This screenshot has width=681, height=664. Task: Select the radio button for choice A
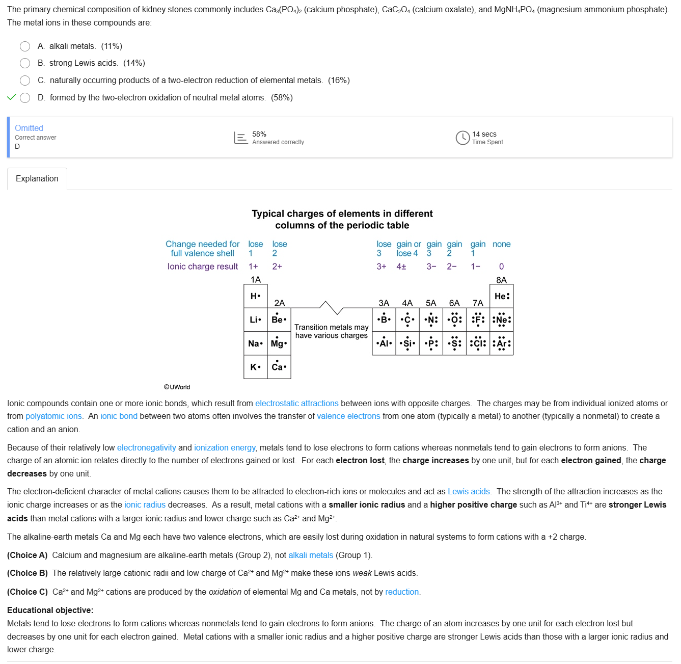[25, 46]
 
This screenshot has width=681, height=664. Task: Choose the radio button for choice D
[25, 98]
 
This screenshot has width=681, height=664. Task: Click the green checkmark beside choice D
[12, 97]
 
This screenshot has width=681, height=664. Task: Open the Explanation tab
[37, 179]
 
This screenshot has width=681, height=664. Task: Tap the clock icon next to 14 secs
[462, 138]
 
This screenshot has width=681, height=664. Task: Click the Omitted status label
[29, 128]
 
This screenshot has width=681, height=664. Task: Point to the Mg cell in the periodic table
[279, 343]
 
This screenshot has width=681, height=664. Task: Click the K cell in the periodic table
[255, 367]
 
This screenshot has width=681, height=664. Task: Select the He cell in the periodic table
[501, 296]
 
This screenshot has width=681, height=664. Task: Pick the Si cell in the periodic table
[407, 343]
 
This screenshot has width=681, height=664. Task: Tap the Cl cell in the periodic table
[478, 343]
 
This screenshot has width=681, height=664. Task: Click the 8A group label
[501, 280]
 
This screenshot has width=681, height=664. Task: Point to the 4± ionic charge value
[401, 267]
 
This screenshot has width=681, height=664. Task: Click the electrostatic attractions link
[296, 404]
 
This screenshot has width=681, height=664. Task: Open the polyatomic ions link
[53, 416]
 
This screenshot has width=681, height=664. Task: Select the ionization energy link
[225, 448]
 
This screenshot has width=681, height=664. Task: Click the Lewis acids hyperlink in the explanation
[469, 492]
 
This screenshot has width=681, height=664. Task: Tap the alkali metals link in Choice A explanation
[311, 555]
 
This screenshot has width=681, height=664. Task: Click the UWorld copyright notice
[177, 387]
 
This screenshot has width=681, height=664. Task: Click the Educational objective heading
[50, 610]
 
